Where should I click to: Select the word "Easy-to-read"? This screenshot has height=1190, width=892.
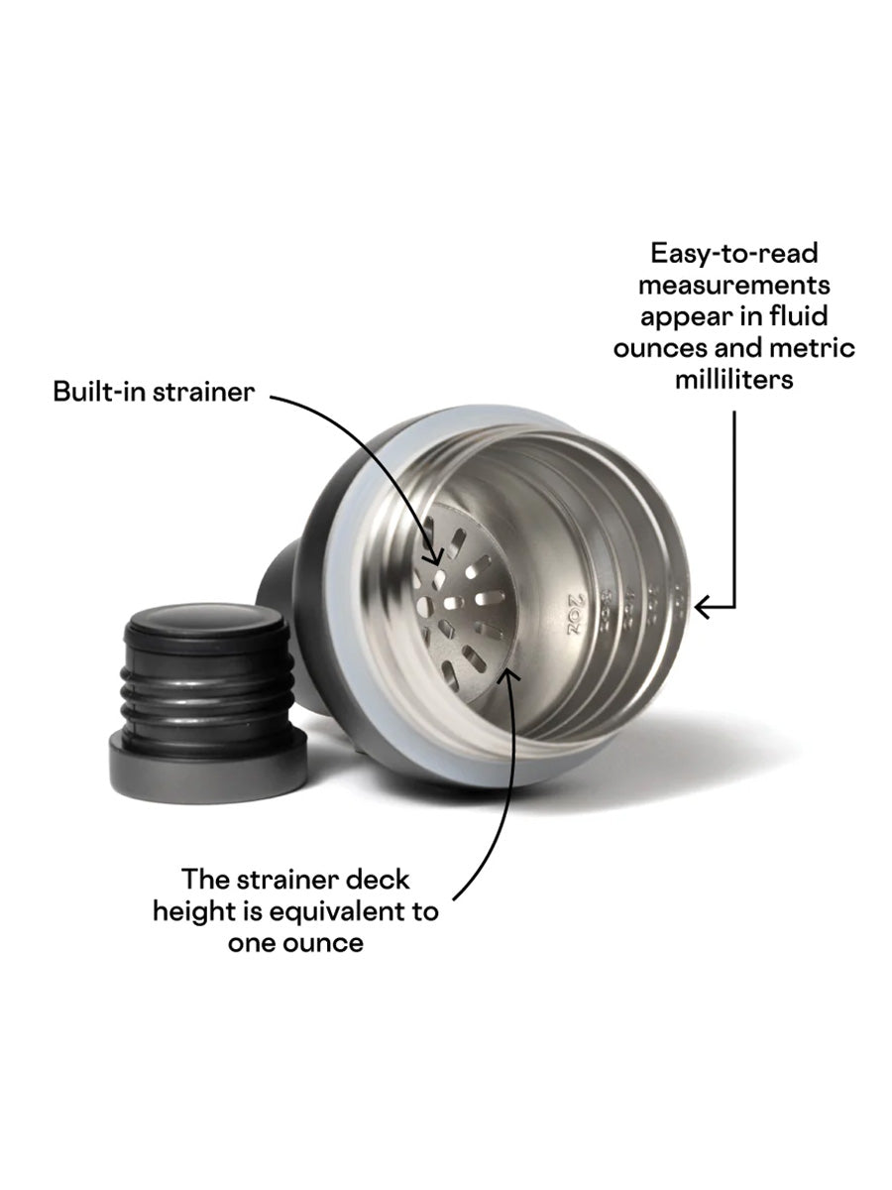[x=734, y=253]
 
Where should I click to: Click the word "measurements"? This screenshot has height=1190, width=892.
[x=734, y=285]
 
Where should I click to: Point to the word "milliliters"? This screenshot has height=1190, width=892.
[x=734, y=380]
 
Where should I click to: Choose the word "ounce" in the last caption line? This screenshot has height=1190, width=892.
[x=322, y=943]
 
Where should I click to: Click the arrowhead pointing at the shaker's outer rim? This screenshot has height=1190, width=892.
[x=700, y=606]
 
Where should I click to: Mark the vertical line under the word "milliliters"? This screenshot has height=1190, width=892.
[x=734, y=496]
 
